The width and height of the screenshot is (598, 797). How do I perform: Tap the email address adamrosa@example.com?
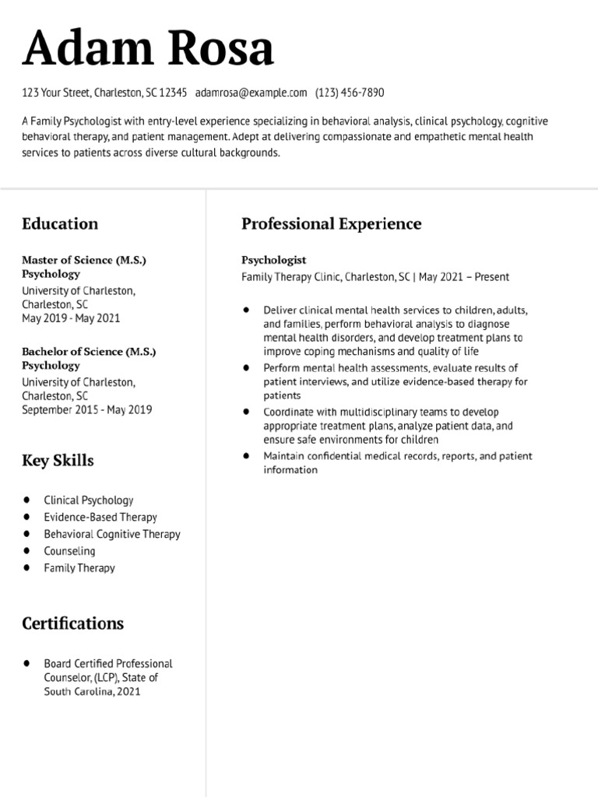pos(252,93)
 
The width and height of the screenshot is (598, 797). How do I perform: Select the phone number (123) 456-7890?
pos(350,93)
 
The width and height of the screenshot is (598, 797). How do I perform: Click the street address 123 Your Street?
pos(57,93)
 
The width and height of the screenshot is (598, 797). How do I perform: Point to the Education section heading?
pos(60,224)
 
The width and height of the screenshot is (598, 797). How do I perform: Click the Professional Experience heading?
pos(331,224)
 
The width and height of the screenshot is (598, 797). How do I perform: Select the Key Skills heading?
pos(58,461)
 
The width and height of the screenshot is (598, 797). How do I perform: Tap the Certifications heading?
pos(72,623)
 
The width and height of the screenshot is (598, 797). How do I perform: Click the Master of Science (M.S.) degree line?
pos(84,260)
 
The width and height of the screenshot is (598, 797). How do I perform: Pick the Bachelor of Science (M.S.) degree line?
pos(89,352)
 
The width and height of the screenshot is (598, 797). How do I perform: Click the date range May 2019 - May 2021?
pos(71,318)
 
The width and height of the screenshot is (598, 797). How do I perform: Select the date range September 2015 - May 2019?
pos(86,409)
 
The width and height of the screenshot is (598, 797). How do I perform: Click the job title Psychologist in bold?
pos(273,260)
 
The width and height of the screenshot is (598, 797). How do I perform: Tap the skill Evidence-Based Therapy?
pos(100,517)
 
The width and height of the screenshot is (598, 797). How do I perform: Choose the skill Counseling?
pos(69,551)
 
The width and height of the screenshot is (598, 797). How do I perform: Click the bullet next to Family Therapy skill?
pos(27,567)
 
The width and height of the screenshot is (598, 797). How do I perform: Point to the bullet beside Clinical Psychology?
pos(27,500)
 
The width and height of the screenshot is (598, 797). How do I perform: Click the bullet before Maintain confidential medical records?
pos(247,455)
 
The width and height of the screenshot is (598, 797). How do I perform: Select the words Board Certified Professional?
pos(108,664)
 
